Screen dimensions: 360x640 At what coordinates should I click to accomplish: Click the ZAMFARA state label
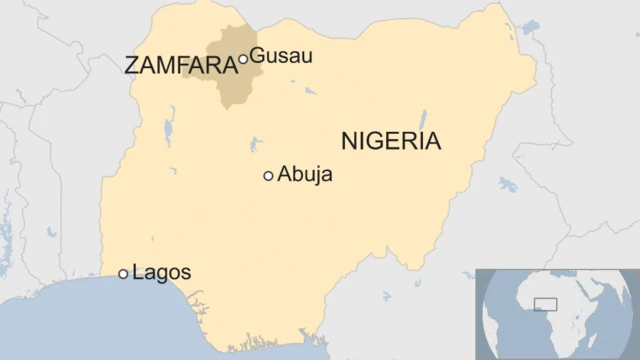click(x=179, y=66)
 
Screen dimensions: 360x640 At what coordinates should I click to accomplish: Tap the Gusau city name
click(x=281, y=56)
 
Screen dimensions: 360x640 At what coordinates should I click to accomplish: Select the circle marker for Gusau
click(x=243, y=60)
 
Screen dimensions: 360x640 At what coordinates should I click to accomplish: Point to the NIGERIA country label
click(x=391, y=141)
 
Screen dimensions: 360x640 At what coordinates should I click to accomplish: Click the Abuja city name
click(x=305, y=176)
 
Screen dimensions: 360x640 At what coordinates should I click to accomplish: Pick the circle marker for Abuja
click(x=268, y=176)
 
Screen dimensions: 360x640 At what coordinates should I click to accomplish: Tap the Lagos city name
click(x=161, y=272)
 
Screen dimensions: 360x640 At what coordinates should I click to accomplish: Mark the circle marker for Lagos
click(x=123, y=273)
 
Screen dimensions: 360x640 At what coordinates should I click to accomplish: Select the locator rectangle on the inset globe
click(x=546, y=303)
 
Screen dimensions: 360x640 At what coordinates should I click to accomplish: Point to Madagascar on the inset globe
click(x=598, y=338)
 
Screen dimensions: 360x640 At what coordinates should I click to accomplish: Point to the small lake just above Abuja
click(x=259, y=140)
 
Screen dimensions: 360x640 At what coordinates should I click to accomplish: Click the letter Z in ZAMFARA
click(x=130, y=66)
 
